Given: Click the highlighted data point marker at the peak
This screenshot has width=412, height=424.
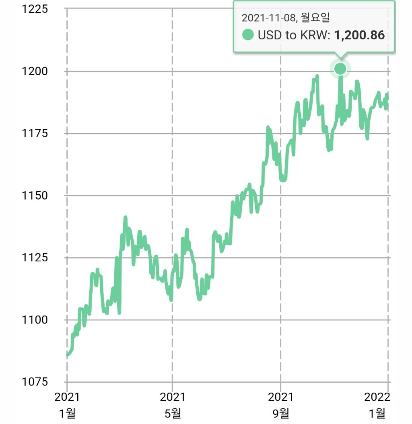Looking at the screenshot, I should (x=340, y=69).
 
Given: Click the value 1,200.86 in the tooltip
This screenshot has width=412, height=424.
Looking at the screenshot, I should (x=359, y=35).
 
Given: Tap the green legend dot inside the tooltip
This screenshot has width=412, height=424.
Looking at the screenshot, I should (x=248, y=35).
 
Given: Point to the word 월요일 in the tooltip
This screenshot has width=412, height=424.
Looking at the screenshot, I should (x=315, y=18).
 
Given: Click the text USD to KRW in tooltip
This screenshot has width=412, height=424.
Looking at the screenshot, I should (x=294, y=35).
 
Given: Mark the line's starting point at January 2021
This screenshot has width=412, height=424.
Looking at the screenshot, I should (x=67, y=355).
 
